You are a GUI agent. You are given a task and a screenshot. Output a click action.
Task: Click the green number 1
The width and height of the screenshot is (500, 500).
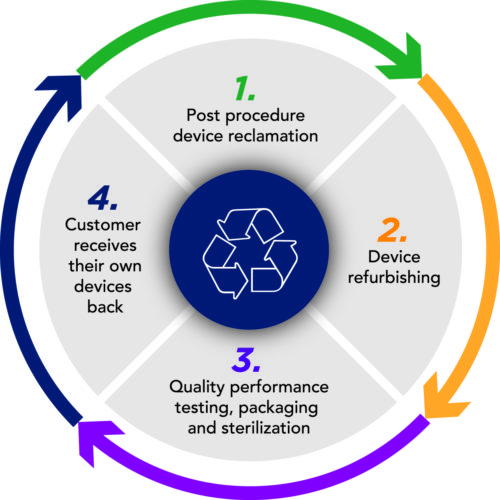[245, 88]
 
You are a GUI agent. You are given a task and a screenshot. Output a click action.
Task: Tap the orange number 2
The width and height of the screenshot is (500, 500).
[392, 230]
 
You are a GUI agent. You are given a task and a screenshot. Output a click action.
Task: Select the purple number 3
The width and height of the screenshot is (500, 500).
[246, 360]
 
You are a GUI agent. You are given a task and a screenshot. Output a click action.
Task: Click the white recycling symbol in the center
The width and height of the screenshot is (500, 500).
[250, 253]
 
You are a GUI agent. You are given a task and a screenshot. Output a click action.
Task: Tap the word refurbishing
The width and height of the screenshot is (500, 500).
[394, 278]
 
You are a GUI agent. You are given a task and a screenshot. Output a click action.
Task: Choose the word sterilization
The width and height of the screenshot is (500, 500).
[266, 428]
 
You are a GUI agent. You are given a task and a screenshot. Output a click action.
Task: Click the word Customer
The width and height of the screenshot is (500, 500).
[103, 225]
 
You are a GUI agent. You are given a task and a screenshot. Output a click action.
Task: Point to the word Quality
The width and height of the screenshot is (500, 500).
[197, 388]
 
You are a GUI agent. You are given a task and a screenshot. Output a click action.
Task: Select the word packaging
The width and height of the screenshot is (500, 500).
[278, 409]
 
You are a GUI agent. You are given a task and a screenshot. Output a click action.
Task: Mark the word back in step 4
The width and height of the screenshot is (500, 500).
[105, 307]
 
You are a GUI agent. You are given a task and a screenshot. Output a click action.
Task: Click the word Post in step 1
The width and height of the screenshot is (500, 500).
[203, 115]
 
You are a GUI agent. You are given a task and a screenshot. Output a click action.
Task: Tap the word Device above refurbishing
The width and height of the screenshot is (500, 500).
[394, 257]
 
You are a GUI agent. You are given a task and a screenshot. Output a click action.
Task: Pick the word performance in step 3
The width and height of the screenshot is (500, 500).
[279, 388]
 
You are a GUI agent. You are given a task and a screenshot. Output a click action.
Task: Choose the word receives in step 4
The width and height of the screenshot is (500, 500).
[105, 246]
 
